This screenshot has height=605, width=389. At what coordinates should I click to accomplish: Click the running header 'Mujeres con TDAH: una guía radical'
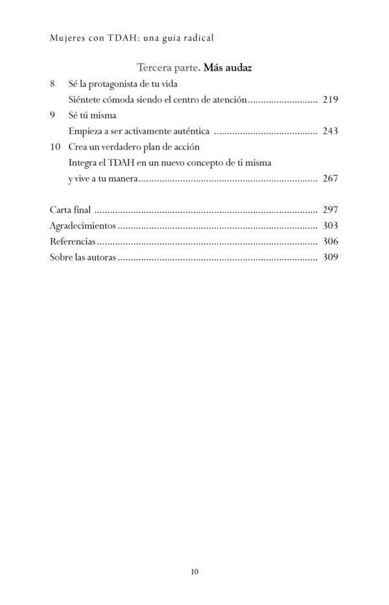(132, 38)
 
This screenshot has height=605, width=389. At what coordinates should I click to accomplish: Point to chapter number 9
(53, 116)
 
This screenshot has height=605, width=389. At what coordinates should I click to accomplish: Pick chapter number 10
(55, 147)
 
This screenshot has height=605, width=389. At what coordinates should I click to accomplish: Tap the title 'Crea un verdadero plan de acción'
(132, 147)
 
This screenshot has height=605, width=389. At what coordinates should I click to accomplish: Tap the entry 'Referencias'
(73, 241)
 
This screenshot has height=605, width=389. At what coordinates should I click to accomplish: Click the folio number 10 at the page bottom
(195, 571)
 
